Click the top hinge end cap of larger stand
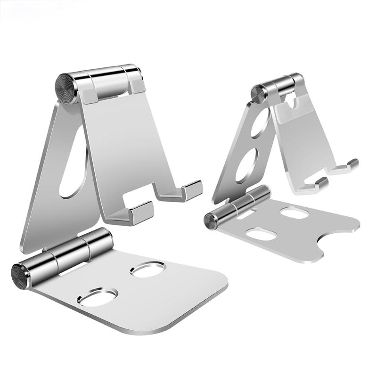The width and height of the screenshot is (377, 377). pyautogui.click(x=66, y=88)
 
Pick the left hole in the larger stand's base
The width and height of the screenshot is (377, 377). pyautogui.click(x=98, y=297)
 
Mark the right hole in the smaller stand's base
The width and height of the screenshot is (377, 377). pyautogui.click(x=294, y=213)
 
